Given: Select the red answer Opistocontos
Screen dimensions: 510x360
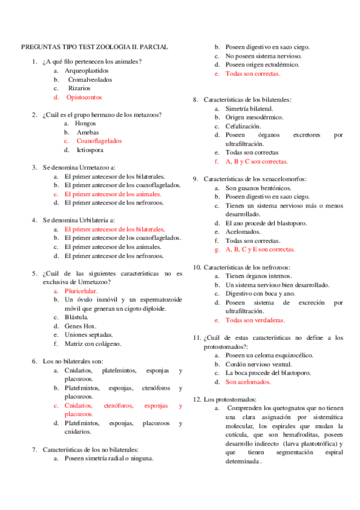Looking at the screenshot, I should (84, 96).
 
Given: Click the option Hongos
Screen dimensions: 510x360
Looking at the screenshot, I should (86, 123).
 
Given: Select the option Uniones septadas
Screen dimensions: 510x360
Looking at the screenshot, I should (88, 334).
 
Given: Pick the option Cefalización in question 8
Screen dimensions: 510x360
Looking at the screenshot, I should (243, 126).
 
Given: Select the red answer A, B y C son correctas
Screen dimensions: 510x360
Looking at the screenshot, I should (257, 161).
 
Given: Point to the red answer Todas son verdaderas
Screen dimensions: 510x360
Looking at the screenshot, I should (255, 320).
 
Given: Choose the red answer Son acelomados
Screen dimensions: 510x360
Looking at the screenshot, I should (248, 381).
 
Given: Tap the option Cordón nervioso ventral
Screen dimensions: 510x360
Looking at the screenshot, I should (259, 364).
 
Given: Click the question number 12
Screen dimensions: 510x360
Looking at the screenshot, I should (197, 399).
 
